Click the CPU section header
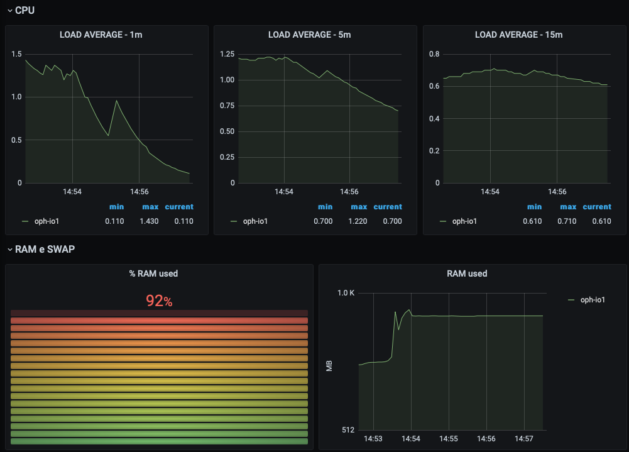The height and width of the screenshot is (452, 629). [25, 10]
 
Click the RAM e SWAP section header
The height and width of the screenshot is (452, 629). [44, 250]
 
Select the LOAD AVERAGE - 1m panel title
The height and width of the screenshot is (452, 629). [101, 35]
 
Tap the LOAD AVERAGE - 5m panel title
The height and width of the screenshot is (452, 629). [309, 35]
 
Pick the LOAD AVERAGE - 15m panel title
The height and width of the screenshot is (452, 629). [518, 35]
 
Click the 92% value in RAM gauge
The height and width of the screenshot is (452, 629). [159, 301]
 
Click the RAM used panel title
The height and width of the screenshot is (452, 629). [467, 273]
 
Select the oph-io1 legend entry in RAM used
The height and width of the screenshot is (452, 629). [592, 300]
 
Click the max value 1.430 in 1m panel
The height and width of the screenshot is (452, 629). [150, 221]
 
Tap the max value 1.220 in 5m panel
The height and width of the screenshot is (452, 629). [359, 221]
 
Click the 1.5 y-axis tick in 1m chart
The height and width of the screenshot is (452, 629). [16, 54]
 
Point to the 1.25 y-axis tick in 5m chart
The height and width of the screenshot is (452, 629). [227, 54]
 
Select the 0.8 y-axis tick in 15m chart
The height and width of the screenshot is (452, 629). [434, 54]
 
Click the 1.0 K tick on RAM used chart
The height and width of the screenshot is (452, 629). [346, 293]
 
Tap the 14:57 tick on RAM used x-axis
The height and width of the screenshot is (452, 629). [525, 438]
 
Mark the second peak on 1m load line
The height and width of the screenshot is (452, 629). [116, 101]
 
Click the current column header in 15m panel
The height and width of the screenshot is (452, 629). [596, 207]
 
